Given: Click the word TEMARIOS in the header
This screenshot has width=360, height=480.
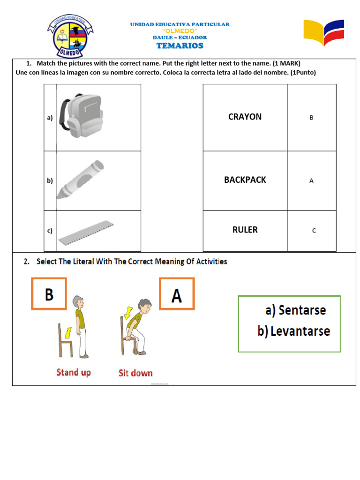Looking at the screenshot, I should [180, 45].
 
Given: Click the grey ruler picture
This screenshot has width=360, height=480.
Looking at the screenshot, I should [86, 232].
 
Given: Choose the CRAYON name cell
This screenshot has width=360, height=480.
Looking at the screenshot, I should [245, 117].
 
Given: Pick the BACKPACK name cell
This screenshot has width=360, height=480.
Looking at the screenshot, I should [245, 180].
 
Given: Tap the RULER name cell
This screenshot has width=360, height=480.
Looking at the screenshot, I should [245, 230].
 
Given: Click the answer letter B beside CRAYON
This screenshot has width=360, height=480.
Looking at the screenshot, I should [311, 118].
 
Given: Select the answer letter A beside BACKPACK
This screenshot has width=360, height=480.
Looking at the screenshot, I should [311, 181].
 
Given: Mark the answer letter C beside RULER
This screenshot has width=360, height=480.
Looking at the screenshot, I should [314, 231].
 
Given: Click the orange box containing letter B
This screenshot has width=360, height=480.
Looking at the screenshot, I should [49, 294].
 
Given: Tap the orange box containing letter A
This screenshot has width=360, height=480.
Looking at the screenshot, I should [176, 294].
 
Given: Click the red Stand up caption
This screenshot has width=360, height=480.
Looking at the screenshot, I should [74, 373].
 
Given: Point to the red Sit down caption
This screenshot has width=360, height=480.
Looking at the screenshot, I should [135, 374].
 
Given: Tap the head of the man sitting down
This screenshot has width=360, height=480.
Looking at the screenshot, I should [146, 307].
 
